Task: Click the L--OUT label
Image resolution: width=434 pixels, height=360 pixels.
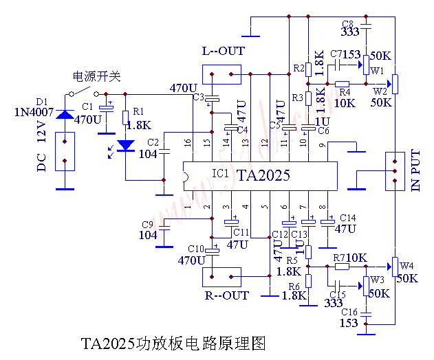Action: point(223,51)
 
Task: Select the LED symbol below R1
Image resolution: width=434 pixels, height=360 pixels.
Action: point(125,146)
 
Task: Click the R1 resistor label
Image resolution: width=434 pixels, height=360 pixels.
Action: point(138,111)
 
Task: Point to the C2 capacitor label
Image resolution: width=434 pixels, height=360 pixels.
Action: point(153,142)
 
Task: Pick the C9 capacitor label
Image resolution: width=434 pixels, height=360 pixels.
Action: point(147,225)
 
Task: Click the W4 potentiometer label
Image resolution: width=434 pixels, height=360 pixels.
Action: point(407,266)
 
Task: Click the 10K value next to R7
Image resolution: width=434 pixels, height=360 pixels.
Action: point(357,258)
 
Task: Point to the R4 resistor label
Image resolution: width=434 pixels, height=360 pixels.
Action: point(345,91)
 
